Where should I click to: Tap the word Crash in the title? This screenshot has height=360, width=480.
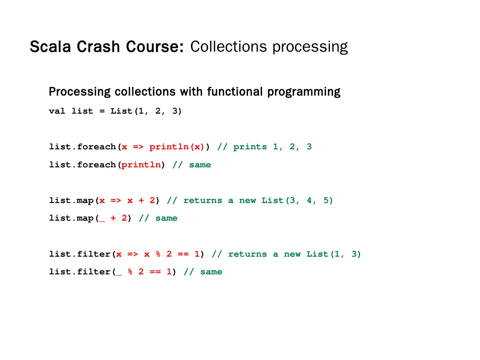[98, 47]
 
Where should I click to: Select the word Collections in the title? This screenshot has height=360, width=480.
[228, 47]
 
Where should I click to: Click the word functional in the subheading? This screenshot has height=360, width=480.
[235, 92]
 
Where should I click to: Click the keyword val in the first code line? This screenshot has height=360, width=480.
[57, 111]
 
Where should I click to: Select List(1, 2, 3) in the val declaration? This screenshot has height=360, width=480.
[146, 111]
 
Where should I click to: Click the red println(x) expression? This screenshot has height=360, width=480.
[177, 147]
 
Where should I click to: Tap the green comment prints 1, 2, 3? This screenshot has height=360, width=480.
[272, 147]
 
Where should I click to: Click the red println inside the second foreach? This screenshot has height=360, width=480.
[141, 165]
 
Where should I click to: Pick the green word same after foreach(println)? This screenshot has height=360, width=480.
[200, 165]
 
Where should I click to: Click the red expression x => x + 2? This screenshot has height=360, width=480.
[127, 201]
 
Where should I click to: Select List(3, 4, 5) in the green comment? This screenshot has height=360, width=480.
[297, 201]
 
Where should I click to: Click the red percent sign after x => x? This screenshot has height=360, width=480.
[158, 254]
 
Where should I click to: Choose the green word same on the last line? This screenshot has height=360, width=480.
[211, 272]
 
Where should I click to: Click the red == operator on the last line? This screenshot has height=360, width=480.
[155, 272]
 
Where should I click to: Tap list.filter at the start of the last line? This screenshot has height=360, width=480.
[80, 272]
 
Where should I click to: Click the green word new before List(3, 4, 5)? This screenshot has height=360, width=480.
[247, 201]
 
